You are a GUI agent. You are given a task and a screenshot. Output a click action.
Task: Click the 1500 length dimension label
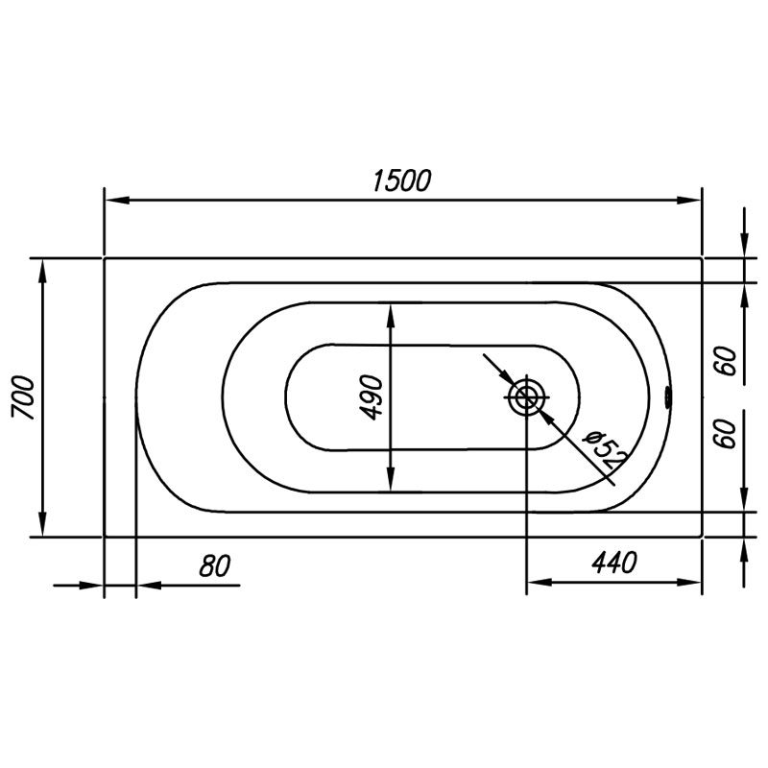point(401,180)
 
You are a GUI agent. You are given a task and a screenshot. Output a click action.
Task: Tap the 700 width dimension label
point(23,397)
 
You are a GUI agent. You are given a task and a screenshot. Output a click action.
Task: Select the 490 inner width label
point(371,397)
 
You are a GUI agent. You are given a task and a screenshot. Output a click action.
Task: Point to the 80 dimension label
point(214,566)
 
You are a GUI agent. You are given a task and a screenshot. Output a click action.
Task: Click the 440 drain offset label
point(614,563)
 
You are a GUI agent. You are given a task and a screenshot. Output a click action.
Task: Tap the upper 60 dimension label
point(727,361)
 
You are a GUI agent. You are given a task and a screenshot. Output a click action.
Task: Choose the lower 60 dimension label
point(727,434)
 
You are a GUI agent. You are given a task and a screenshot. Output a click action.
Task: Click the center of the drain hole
point(526,396)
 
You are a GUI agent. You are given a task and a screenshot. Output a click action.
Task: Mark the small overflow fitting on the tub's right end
point(667,396)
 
